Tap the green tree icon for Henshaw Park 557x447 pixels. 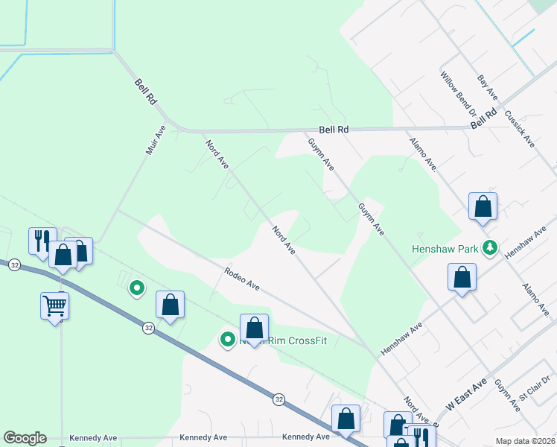490,248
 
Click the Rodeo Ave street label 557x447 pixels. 242,280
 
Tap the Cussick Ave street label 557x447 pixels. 520,129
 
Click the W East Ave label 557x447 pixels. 466,393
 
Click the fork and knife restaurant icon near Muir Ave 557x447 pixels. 40,240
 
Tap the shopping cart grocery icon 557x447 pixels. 55,304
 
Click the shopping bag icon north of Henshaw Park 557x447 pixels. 483,206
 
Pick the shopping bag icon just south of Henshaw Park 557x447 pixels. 462,277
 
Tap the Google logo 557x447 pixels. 25,438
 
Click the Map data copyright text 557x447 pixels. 525,441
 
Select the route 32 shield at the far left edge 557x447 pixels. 13,264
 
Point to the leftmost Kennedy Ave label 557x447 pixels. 94,437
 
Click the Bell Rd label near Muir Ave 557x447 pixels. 145,92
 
